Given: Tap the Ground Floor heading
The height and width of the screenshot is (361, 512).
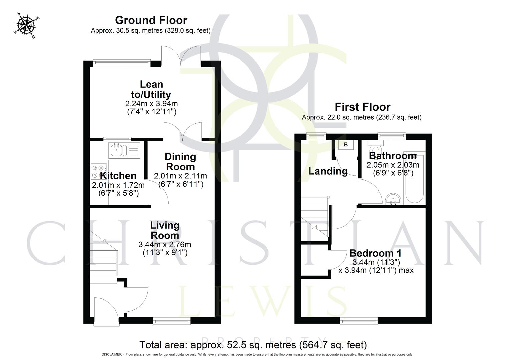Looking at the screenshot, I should click(x=151, y=20).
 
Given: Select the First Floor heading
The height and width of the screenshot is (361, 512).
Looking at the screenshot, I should click(x=362, y=107).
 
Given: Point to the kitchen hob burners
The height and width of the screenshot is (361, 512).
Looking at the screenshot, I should click(x=99, y=171).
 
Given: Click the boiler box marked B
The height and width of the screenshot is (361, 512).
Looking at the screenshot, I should click(x=346, y=145).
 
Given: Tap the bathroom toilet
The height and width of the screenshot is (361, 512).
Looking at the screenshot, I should click(x=376, y=148).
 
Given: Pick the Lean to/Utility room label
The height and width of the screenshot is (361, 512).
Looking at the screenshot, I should click(x=151, y=89).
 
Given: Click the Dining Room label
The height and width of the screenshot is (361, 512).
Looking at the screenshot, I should click(x=180, y=161).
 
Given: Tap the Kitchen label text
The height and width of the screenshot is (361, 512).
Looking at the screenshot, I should click(x=118, y=176).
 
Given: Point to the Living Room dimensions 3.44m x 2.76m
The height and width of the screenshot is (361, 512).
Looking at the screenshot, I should click(x=165, y=245).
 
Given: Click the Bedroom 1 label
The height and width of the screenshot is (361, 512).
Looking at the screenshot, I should click(x=376, y=253).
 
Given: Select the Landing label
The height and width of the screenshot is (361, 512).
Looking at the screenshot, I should click(x=328, y=171).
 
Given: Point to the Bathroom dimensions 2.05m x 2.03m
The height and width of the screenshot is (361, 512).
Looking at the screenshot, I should click(x=393, y=165).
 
